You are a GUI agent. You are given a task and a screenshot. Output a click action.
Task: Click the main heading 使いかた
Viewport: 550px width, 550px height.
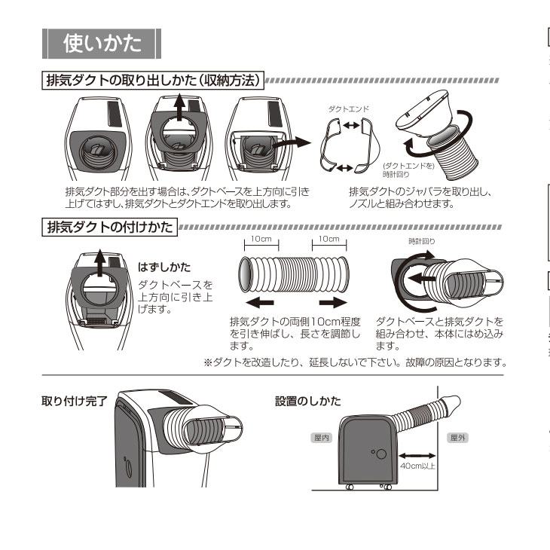[102, 44]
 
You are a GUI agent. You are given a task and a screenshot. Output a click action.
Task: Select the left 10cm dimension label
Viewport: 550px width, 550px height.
[261, 240]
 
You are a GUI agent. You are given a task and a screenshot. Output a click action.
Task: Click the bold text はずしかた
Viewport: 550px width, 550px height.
[164, 267]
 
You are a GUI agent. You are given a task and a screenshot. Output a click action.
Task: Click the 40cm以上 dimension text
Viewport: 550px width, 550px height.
[417, 467]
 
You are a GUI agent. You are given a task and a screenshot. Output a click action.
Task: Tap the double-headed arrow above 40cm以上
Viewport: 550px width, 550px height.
[417, 455]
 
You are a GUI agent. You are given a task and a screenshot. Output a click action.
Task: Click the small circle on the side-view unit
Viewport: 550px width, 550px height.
[380, 455]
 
